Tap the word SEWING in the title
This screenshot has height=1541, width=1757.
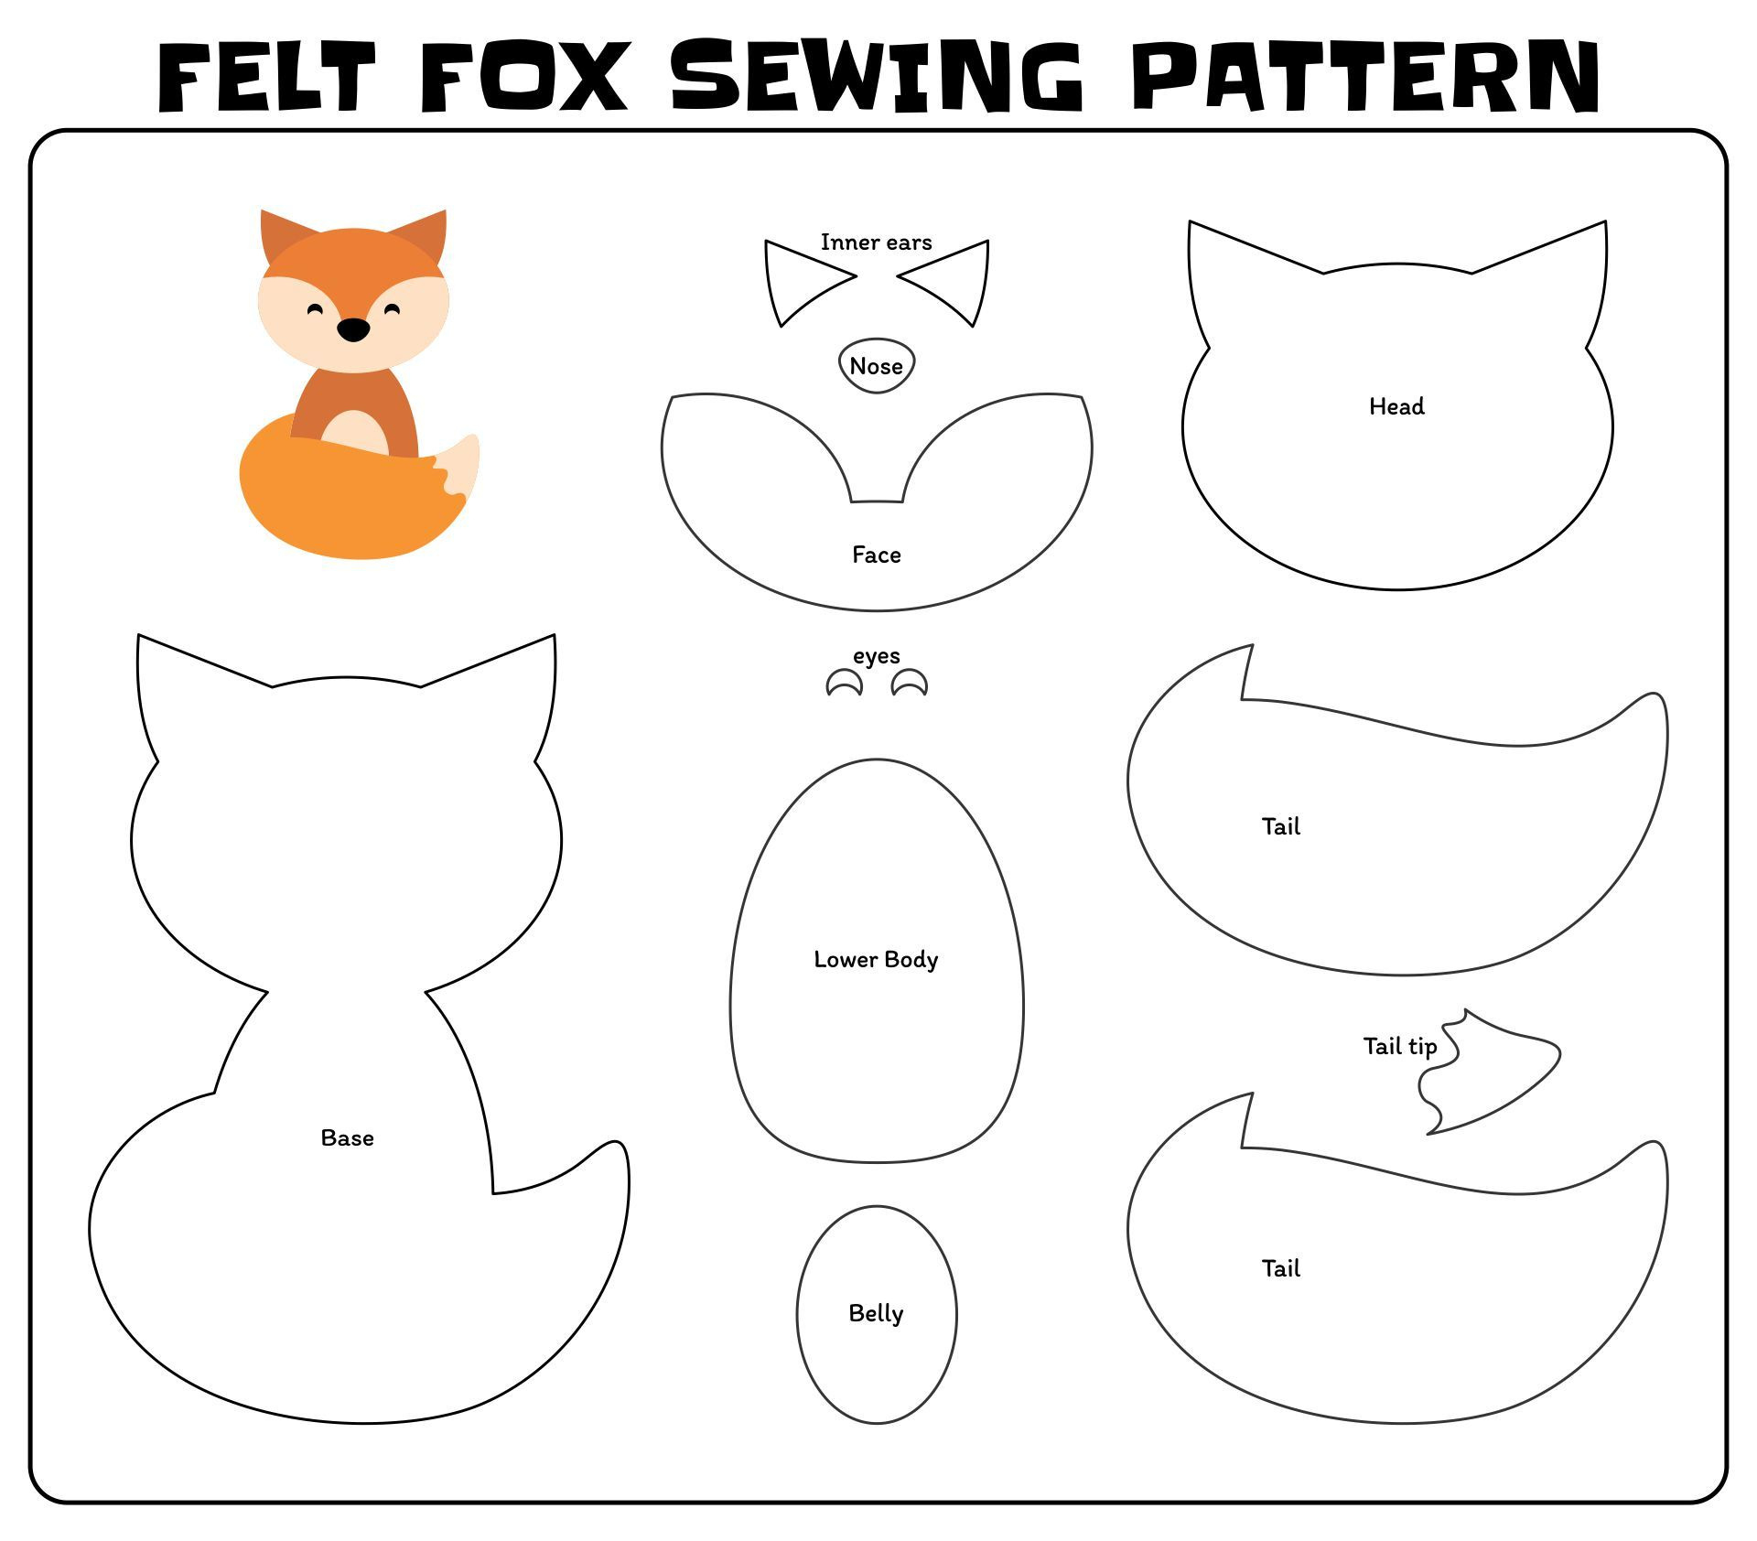tap(876, 77)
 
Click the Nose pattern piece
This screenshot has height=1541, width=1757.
tap(876, 366)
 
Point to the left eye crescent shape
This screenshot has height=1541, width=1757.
tap(844, 684)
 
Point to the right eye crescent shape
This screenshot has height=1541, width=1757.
tap(910, 684)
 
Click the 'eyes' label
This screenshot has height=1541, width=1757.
tap(876, 656)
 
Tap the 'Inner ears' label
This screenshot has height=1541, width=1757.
tap(876, 242)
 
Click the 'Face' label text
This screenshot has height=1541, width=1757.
tap(876, 555)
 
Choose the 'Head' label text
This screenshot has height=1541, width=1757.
tap(1396, 406)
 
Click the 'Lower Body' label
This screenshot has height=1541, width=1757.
tap(876, 959)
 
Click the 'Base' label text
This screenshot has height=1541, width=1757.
tap(347, 1137)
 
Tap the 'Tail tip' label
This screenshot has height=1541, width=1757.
tap(1399, 1046)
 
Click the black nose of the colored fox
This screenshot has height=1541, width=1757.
tap(353, 329)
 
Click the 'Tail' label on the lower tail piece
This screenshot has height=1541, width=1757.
tap(1280, 1268)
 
